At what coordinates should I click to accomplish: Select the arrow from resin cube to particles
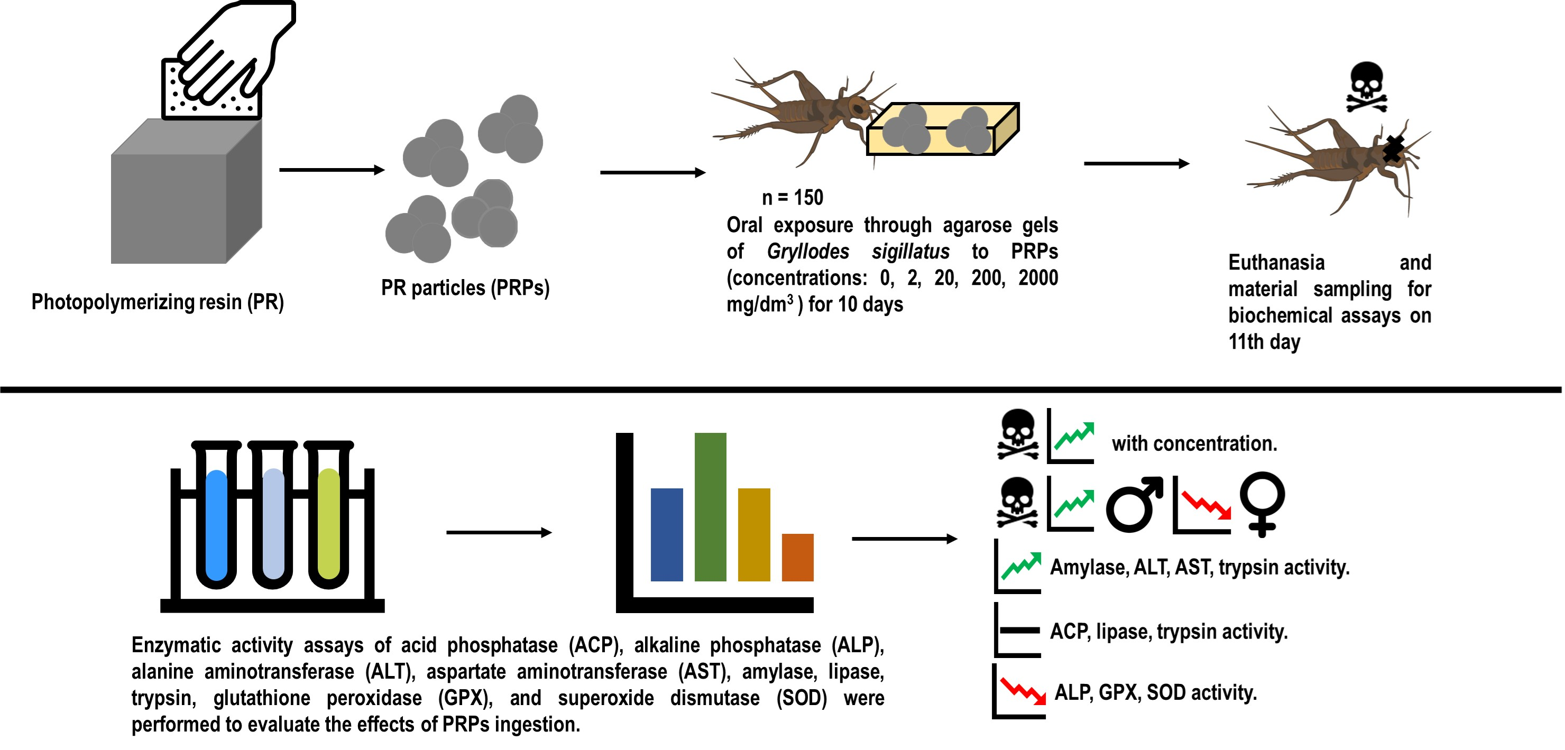(331, 170)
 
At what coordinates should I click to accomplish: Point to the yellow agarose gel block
(942, 131)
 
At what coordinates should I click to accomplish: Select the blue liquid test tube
(216, 525)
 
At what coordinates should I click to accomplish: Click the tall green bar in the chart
(710, 507)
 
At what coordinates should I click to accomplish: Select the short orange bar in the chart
(797, 558)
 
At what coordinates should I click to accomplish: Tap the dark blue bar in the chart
(667, 534)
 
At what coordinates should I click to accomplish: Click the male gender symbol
(1134, 504)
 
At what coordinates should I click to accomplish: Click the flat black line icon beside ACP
(1019, 631)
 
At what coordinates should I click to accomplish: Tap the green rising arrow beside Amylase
(1020, 566)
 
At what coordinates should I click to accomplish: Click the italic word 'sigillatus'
(910, 252)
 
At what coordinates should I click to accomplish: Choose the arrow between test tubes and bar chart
(498, 533)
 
